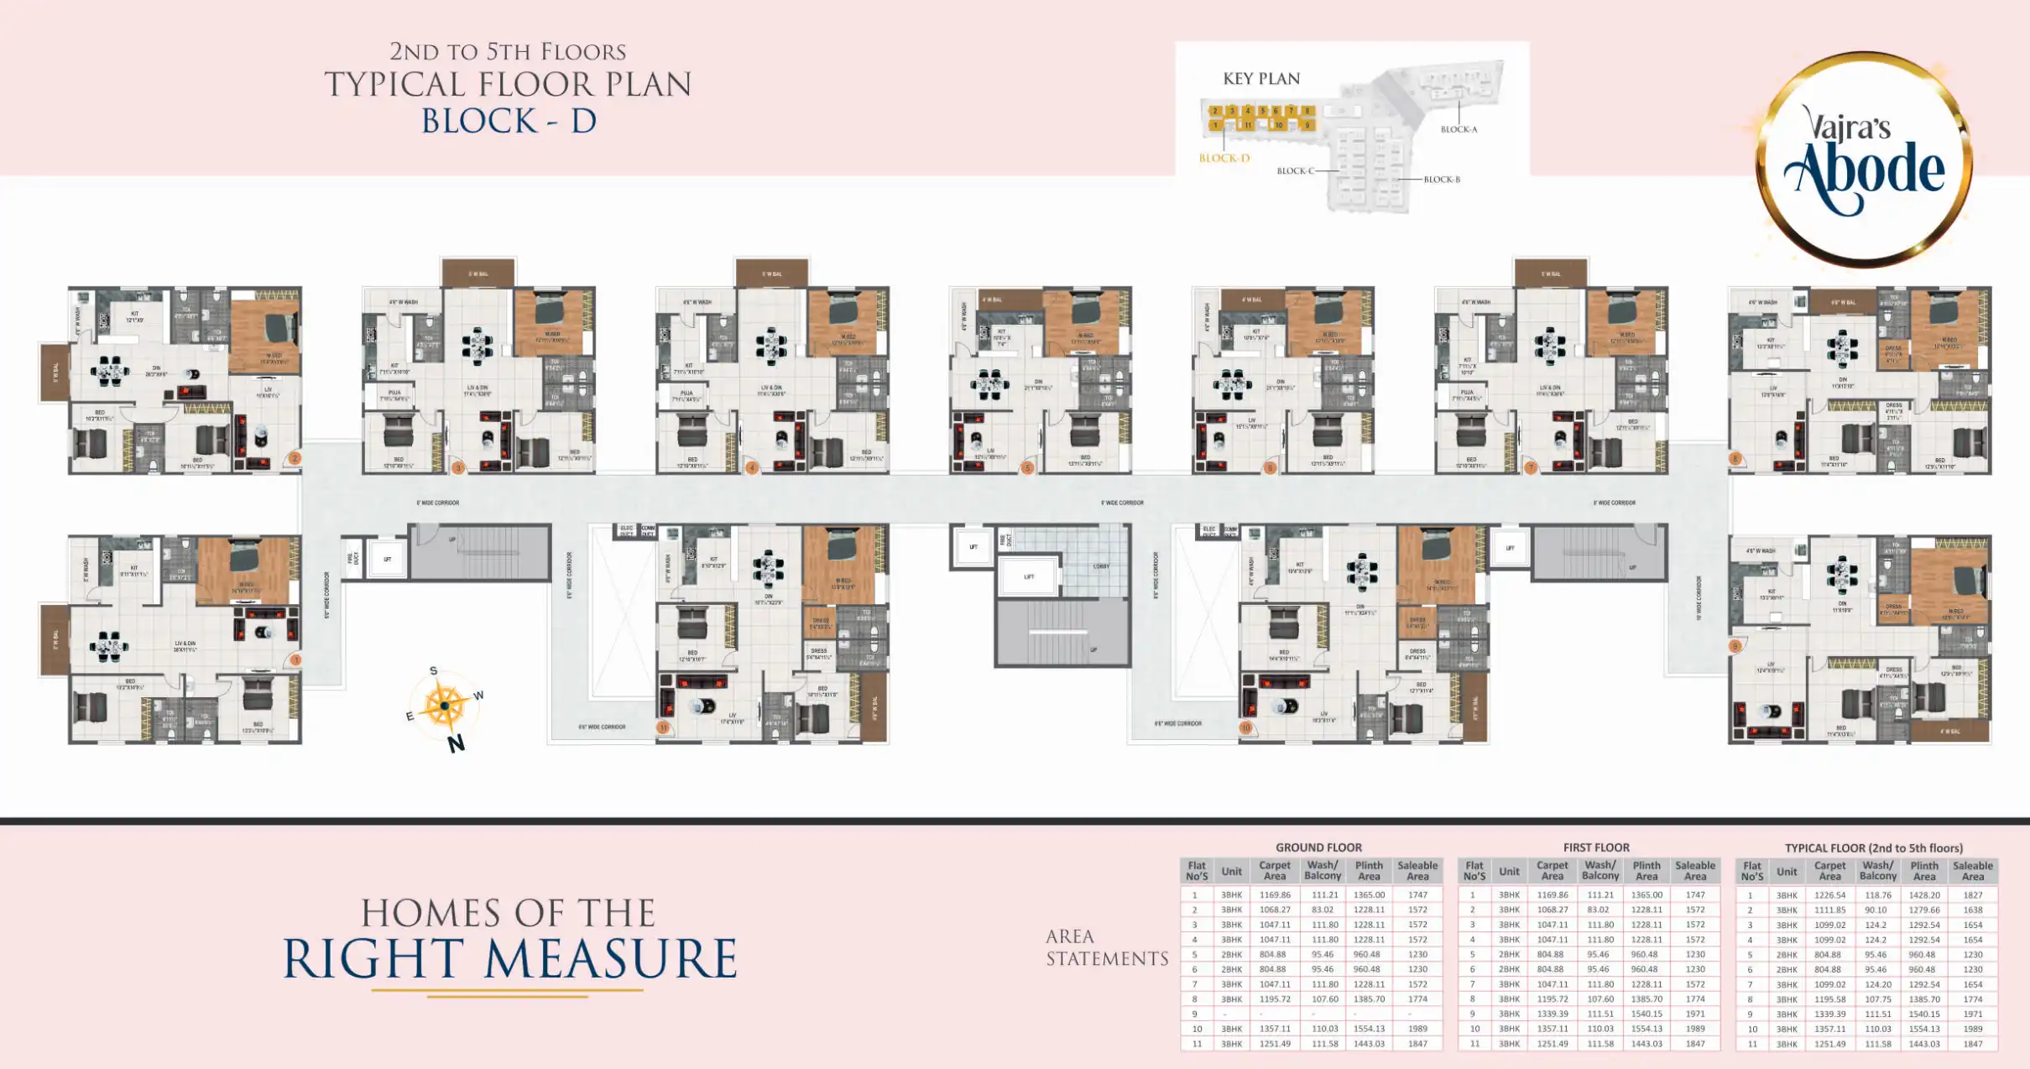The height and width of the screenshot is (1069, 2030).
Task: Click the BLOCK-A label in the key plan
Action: pyautogui.click(x=1459, y=129)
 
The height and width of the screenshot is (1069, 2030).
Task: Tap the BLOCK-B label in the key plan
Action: pyautogui.click(x=1442, y=180)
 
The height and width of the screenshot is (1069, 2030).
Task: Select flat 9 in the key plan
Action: pyautogui.click(x=1307, y=125)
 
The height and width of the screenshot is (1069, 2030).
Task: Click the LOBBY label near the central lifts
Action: pyautogui.click(x=1100, y=566)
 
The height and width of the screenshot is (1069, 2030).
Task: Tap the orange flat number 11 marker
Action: pyautogui.click(x=663, y=727)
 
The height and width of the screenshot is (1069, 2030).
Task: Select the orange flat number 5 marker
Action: pyautogui.click(x=1027, y=468)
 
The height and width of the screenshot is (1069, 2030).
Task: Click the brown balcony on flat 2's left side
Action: pyautogui.click(x=55, y=372)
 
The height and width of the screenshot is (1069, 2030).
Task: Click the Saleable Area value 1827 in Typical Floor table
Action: pyautogui.click(x=1972, y=895)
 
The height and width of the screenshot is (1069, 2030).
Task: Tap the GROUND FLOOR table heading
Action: pyautogui.click(x=1318, y=847)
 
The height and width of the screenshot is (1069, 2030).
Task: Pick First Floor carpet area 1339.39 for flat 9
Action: pyautogui.click(x=1552, y=1014)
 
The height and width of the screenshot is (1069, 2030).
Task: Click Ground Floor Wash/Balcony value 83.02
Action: pyautogui.click(x=1322, y=910)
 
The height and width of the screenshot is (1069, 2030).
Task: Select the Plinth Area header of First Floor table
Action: pyautogui.click(x=1646, y=870)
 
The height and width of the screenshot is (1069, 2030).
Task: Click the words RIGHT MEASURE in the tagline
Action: pyautogui.click(x=509, y=959)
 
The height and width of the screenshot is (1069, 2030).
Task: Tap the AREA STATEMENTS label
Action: pyautogui.click(x=1106, y=947)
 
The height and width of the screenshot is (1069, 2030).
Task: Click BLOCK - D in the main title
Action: pyautogui.click(x=509, y=121)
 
